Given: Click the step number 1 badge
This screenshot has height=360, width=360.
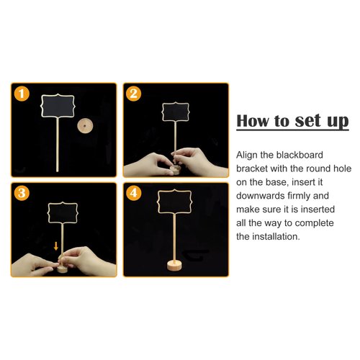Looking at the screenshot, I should pyautogui.click(x=23, y=94).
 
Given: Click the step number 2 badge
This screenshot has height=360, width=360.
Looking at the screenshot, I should pyautogui.click(x=134, y=94).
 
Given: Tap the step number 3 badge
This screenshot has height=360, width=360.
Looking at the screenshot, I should pyautogui.click(x=23, y=194).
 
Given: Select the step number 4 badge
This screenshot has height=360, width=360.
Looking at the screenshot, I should pyautogui.click(x=134, y=194).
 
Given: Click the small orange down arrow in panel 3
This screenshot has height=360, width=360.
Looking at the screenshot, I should pyautogui.click(x=55, y=247).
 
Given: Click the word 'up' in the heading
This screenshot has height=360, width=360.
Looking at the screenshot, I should pyautogui.click(x=335, y=121).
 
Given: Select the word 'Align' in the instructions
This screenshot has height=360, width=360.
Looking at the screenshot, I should pyautogui.click(x=248, y=155).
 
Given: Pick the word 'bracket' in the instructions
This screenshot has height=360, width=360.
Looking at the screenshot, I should pyautogui.click(x=255, y=168).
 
